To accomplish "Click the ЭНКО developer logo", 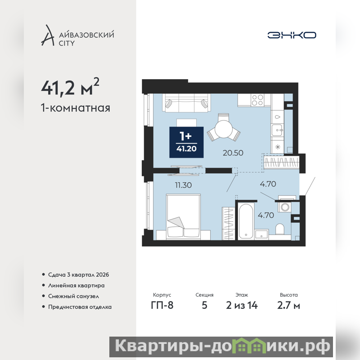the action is click(x=292, y=35).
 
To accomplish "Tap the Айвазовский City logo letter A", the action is click(x=48, y=36).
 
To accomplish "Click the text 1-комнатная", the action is click(x=76, y=108).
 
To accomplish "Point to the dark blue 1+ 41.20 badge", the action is click(x=186, y=142).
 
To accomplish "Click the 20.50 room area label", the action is click(x=233, y=153).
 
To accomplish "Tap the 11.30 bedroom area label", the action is click(x=183, y=185).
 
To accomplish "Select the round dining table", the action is click(x=224, y=129).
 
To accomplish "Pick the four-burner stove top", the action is click(x=257, y=100).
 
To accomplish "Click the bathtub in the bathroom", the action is click(x=246, y=221).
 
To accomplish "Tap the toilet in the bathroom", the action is click(x=279, y=229).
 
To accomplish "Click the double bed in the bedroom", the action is click(x=183, y=216).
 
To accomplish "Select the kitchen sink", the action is click(x=277, y=130).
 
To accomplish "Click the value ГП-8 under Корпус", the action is click(x=162, y=306).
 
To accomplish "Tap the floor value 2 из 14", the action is click(x=242, y=306).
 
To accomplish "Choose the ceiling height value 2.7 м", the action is click(x=288, y=306).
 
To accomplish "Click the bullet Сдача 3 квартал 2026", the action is click(x=78, y=274).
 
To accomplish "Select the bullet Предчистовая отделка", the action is click(x=80, y=307).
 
